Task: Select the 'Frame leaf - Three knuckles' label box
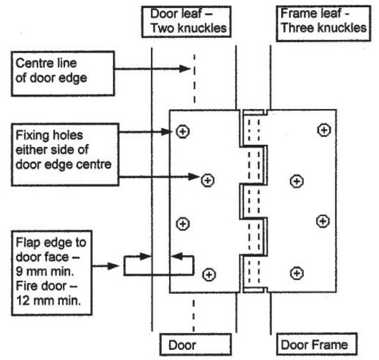click(321, 20)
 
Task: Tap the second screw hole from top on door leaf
click(208, 180)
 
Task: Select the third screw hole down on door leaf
click(183, 224)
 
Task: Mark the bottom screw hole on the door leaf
click(209, 275)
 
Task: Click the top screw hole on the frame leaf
click(324, 131)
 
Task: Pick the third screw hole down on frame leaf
click(322, 220)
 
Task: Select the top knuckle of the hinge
click(254, 127)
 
